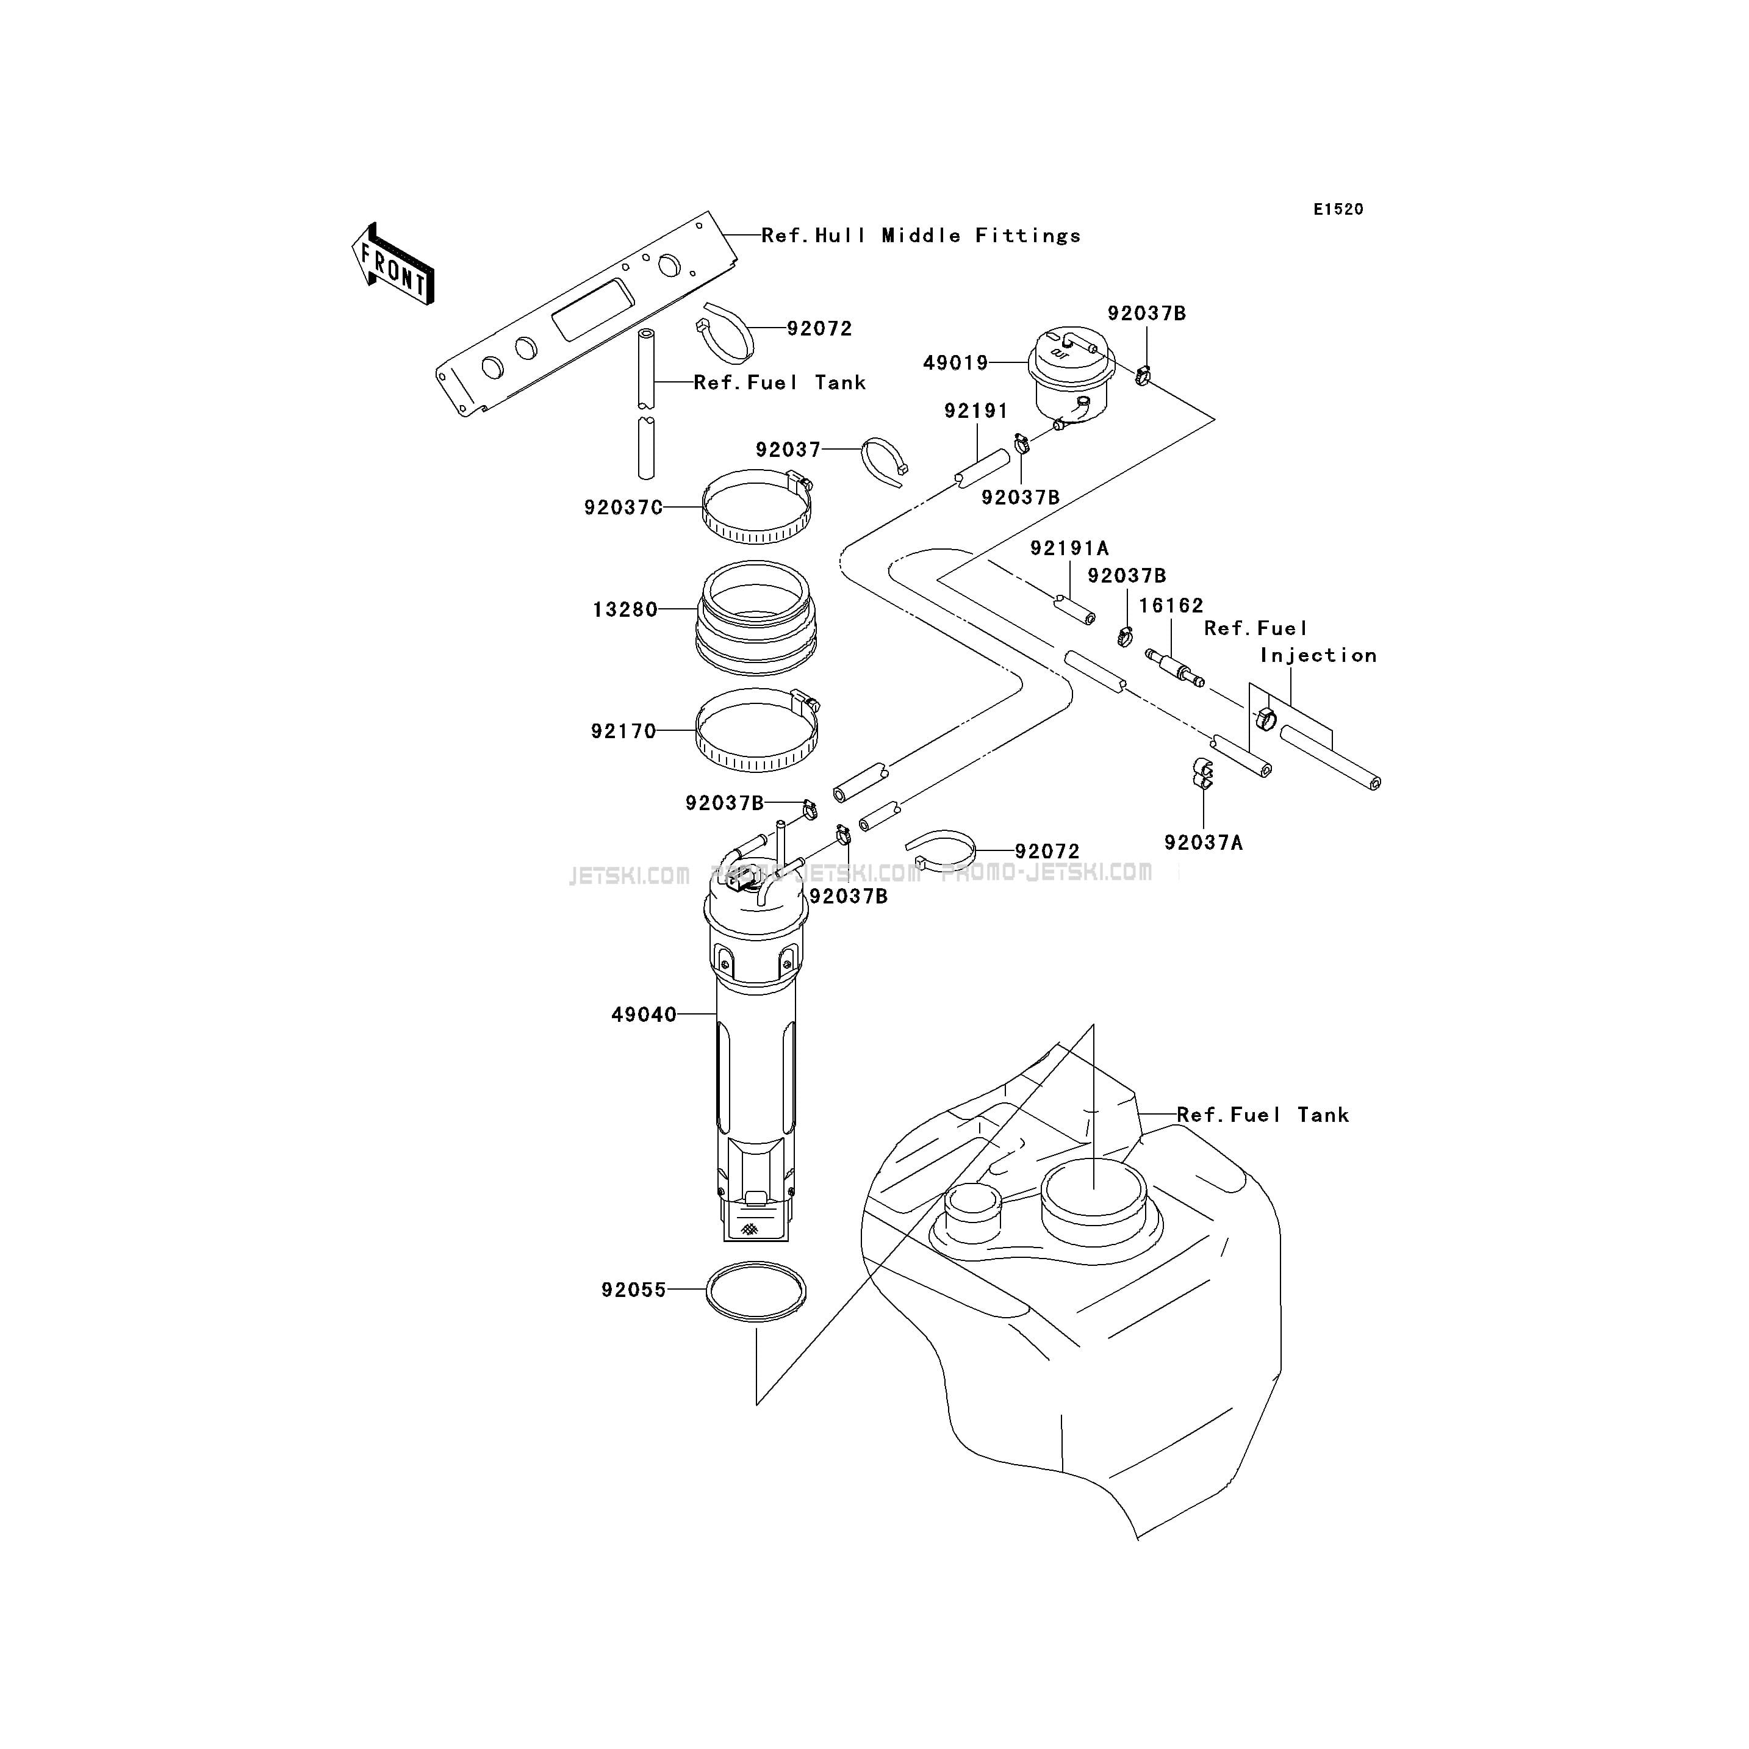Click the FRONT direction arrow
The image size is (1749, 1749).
[x=393, y=264]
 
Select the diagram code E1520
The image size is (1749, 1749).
[x=1338, y=209]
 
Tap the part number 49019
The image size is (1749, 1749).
[x=955, y=363]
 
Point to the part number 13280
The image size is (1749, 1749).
[x=625, y=610]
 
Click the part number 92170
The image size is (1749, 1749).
[x=623, y=731]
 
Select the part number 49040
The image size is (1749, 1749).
[x=644, y=1015]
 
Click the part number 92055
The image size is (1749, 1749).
[x=634, y=1290]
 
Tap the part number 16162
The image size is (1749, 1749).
[x=1171, y=606]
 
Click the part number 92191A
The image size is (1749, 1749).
[x=1069, y=548]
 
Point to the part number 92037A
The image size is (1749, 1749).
[x=1203, y=843]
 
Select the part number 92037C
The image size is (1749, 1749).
[x=623, y=508]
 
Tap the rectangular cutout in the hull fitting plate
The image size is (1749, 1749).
[x=592, y=310]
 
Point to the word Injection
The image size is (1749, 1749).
[x=1318, y=655]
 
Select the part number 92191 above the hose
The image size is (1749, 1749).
[x=976, y=411]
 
